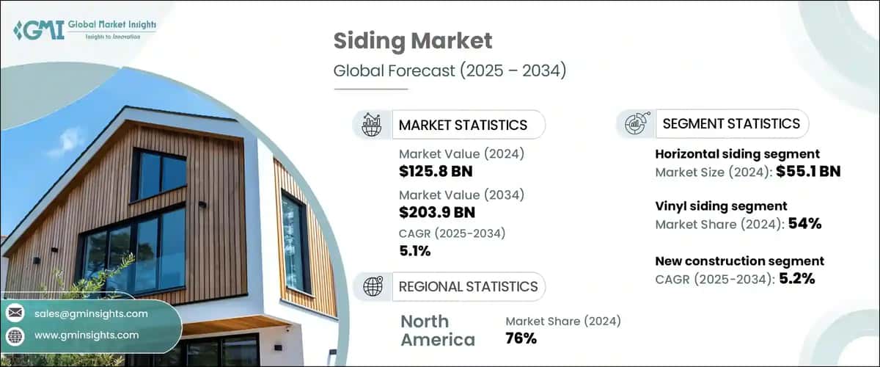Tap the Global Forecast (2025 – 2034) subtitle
450,71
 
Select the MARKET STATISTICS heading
463,125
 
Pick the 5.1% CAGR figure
415,252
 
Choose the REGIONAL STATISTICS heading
468,286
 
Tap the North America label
438,330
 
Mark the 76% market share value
521,338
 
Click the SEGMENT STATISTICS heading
730,124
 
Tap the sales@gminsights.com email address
91,313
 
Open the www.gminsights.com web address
87,335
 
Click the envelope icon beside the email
15,313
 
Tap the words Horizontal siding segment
736,154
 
